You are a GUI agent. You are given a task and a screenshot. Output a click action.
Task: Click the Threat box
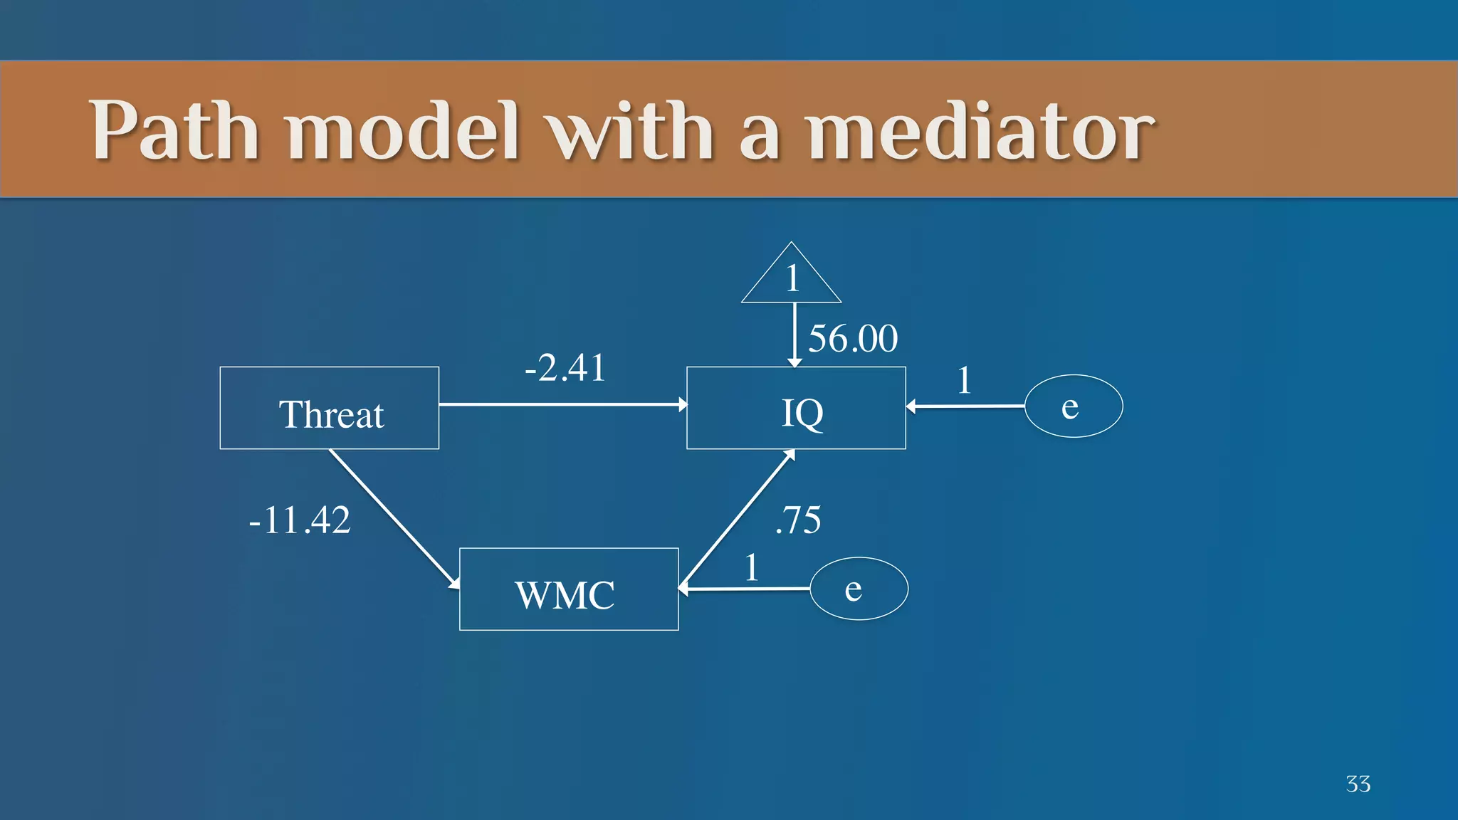330,409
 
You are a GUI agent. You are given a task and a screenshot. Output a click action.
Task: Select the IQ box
796,409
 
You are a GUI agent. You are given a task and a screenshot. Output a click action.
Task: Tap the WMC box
569,589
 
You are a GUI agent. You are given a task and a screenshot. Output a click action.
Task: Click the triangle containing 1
791,278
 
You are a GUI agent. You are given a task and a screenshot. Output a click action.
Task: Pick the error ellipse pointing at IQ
1074,406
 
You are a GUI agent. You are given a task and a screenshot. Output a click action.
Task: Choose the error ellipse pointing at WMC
859,589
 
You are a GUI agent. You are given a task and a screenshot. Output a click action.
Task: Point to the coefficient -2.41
565,368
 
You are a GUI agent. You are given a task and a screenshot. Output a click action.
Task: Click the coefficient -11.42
300,520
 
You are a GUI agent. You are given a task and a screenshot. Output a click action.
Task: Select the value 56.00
853,338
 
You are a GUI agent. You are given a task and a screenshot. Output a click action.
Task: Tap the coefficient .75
798,520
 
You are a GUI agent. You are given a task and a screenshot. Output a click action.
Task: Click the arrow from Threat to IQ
562,404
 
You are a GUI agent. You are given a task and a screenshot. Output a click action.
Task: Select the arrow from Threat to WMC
394,519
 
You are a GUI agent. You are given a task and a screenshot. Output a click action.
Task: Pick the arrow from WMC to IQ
737,519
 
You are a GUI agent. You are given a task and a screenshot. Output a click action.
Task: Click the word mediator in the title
980,131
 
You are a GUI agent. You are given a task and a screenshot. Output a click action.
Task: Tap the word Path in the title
174,131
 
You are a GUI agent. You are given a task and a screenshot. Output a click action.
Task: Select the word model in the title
403,131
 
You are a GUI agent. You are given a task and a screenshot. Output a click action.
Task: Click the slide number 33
1358,784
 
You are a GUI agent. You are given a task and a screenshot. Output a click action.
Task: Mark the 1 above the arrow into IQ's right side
964,380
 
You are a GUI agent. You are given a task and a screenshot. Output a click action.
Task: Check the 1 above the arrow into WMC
751,568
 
